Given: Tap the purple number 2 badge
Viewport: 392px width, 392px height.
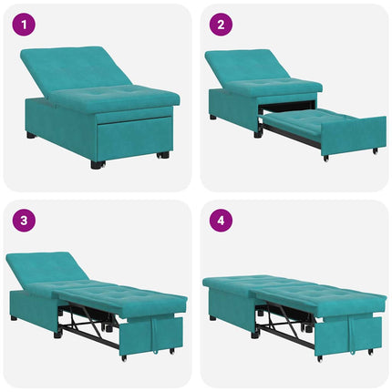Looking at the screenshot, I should (222, 24).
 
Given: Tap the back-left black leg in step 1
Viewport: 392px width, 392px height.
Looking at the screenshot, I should (31, 135).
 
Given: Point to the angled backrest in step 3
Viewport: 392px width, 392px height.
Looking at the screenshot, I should (46, 266).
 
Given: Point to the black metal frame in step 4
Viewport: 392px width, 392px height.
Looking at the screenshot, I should (287, 321).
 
